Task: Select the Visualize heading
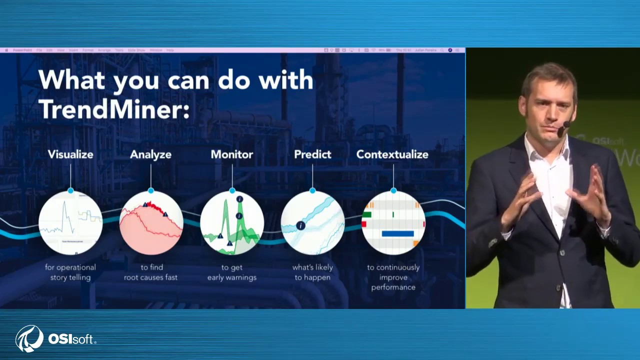pos(70,154)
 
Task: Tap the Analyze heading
pos(150,154)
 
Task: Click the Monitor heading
pos(232,154)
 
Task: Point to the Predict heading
pos(312,154)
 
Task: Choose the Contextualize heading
pos(392,154)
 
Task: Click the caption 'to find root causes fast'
pos(150,272)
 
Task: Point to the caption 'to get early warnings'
pos(232,272)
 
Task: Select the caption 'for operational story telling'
pos(70,272)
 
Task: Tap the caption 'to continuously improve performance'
pos(393,277)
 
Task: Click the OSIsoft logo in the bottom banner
pos(55,338)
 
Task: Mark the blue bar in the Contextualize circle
pos(397,233)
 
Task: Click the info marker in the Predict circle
pos(300,225)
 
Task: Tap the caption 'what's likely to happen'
pos(312,272)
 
